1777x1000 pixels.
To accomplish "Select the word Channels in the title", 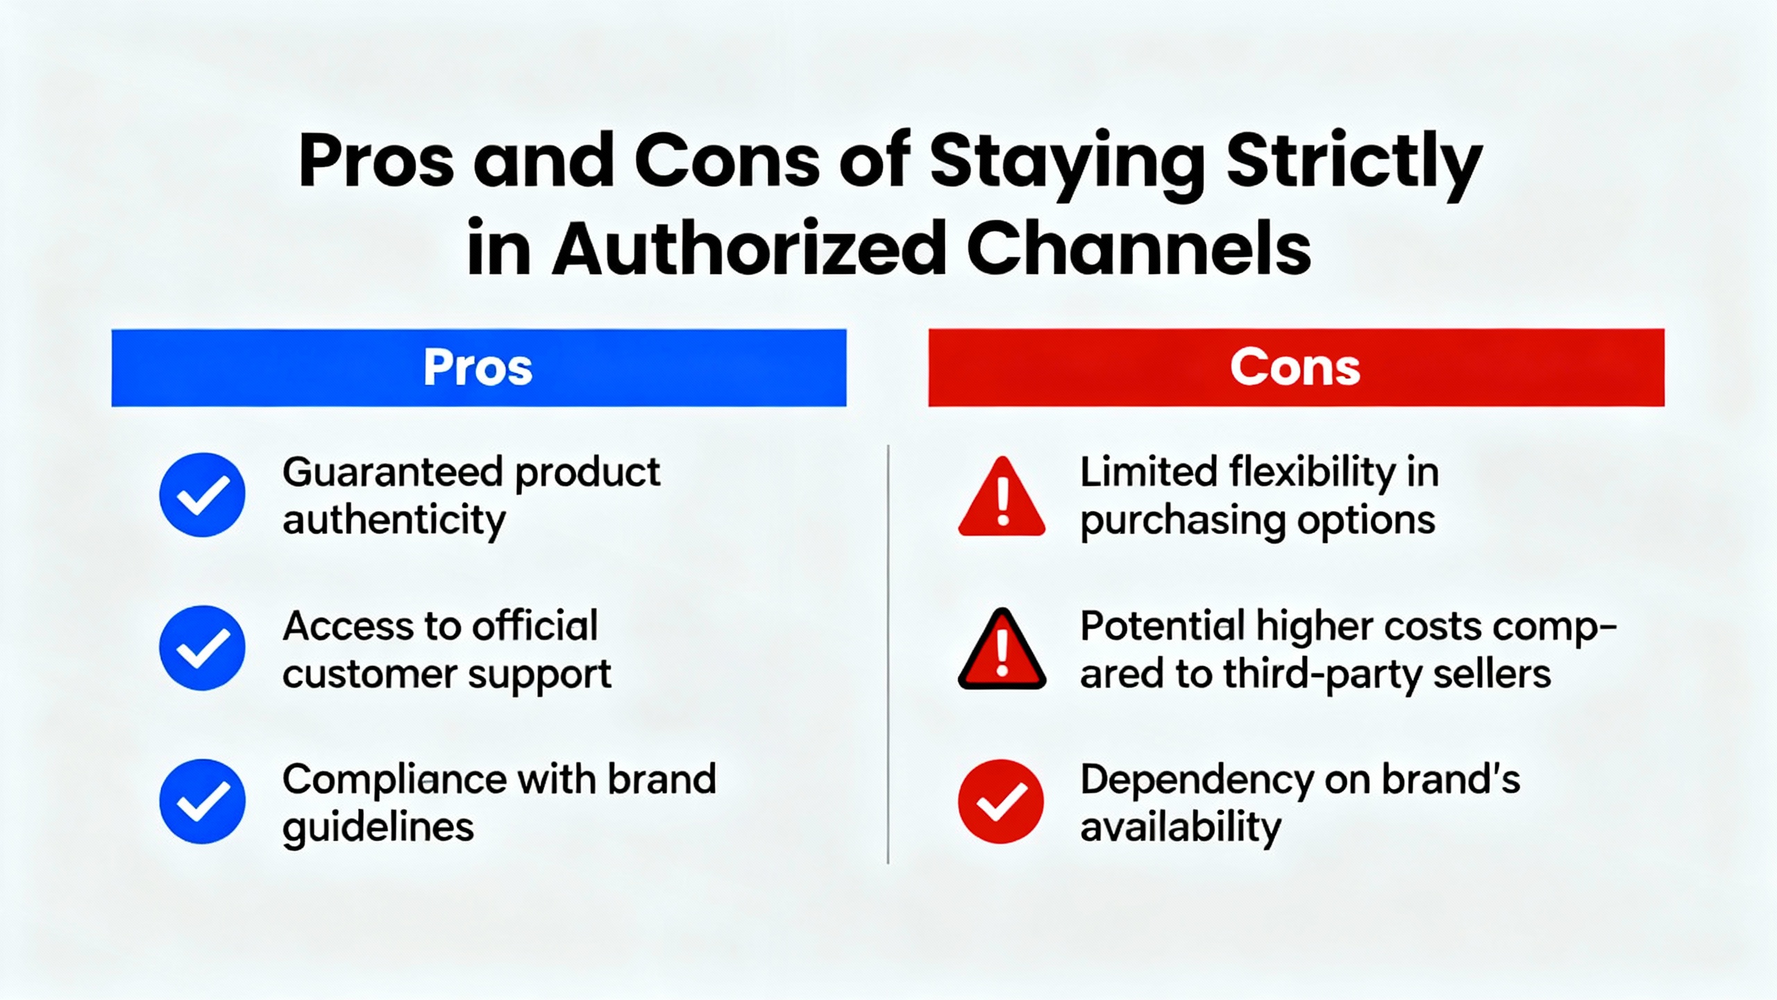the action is [x=1138, y=248].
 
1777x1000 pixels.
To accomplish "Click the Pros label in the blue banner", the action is [x=478, y=367].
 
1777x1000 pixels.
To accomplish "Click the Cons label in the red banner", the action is [x=1295, y=367].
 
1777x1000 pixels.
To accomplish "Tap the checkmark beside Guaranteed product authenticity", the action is [x=202, y=495].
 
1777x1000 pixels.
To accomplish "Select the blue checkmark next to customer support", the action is [x=202, y=648].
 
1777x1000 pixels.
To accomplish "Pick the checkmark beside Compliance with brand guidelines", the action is [x=202, y=801].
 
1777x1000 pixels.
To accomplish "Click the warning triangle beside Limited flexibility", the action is [x=1002, y=497].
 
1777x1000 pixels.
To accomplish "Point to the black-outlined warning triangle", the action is [x=1002, y=649].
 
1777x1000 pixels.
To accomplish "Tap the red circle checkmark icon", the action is [x=1001, y=801].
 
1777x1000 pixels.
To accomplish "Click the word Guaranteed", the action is [x=393, y=473].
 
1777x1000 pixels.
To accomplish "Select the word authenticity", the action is [x=394, y=521].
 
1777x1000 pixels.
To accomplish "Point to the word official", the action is [x=535, y=626].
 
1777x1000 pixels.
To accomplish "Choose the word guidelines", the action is [x=378, y=828].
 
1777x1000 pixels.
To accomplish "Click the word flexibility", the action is [x=1313, y=473].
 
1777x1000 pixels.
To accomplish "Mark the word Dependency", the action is [x=1197, y=781].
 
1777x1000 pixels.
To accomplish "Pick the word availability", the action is [x=1181, y=828].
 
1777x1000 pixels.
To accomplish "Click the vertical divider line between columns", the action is [x=888, y=654].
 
